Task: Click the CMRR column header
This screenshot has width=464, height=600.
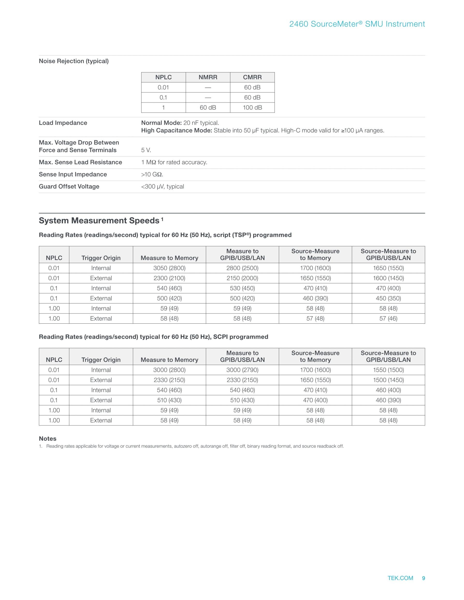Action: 252,77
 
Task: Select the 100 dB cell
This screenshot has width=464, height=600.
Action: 252,107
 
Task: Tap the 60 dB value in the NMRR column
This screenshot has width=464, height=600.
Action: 208,107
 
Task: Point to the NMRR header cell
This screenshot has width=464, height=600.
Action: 208,77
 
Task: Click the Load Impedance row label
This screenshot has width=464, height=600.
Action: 63,123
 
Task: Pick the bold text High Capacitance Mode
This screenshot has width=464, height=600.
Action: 176,130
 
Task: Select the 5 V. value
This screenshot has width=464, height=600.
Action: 146,150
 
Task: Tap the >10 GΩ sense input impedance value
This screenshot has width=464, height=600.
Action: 152,174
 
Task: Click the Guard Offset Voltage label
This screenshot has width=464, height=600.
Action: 69,186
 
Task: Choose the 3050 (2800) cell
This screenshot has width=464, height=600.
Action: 169,268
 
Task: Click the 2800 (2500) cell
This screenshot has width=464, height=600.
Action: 242,268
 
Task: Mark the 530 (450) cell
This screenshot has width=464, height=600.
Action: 242,288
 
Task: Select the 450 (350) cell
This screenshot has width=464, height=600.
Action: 388,298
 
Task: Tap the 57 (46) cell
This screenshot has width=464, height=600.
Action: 388,318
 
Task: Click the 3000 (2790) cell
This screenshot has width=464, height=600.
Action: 242,370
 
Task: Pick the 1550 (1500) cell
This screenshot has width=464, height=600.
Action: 388,370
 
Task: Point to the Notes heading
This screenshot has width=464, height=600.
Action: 48,439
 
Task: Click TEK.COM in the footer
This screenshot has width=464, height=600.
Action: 400,586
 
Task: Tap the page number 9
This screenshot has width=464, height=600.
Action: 423,586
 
